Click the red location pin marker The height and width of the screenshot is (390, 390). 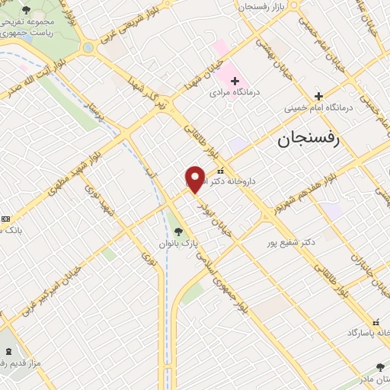195,179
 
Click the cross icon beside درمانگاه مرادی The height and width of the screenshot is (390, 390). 235,81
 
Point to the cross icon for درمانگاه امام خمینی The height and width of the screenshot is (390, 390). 319,96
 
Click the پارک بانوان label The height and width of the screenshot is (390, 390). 178,244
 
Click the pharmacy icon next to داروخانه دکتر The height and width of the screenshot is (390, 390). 221,171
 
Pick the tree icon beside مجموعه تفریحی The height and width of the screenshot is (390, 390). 27,10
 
